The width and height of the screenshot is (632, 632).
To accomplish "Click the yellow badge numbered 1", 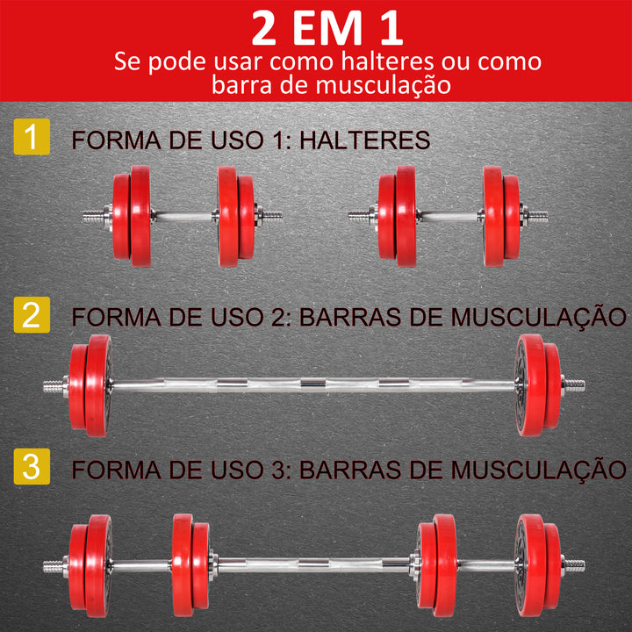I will pyautogui.click(x=32, y=139).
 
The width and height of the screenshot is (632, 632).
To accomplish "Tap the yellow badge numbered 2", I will pyautogui.click(x=32, y=315).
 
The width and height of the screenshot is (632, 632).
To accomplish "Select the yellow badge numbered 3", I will pyautogui.click(x=32, y=466).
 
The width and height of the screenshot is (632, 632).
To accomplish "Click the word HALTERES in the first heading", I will pyautogui.click(x=368, y=140).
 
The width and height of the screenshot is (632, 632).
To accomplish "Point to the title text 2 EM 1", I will pyautogui.click(x=327, y=28).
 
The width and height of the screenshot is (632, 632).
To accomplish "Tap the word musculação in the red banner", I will pyautogui.click(x=384, y=85).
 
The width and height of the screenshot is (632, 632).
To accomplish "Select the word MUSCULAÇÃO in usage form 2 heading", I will pyautogui.click(x=540, y=317).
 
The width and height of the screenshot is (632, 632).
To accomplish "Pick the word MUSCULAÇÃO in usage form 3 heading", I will pyautogui.click(x=540, y=468).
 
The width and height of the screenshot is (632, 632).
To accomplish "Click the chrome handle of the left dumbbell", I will pyautogui.click(x=183, y=215).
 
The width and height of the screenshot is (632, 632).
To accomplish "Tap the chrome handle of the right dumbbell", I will pyautogui.click(x=449, y=215).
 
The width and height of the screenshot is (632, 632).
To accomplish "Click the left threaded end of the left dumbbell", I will pyautogui.click(x=93, y=215).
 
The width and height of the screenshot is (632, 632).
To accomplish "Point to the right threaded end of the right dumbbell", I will pyautogui.click(x=536, y=215).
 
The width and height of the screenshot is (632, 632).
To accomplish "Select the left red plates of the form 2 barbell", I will pyautogui.click(x=90, y=384).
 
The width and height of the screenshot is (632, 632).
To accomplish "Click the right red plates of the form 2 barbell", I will pyautogui.click(x=537, y=384).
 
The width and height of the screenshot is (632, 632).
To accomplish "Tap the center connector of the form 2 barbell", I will pyautogui.click(x=312, y=384).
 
